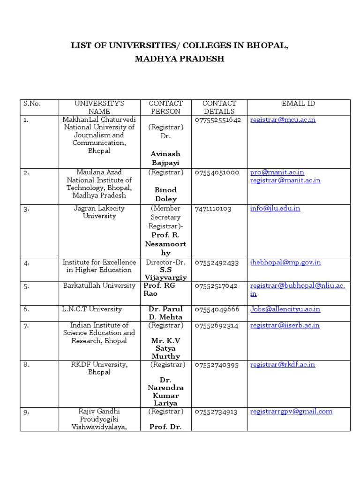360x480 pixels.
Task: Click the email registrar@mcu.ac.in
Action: point(283,120)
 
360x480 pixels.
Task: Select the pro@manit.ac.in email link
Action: point(277,172)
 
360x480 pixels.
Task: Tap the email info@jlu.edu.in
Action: point(275,208)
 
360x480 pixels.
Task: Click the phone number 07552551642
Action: point(217,120)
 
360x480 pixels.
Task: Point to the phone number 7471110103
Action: point(213,208)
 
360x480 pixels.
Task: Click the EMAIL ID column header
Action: point(298,103)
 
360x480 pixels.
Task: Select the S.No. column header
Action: point(32,103)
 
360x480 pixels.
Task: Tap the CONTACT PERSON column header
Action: point(165,107)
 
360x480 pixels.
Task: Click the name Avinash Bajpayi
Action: point(165,158)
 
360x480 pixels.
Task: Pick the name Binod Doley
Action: point(165,194)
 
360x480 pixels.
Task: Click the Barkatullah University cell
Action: point(99,285)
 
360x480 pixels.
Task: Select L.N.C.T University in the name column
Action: point(92,309)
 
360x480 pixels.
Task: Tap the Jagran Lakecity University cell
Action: point(99,212)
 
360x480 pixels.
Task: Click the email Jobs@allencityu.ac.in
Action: point(285,309)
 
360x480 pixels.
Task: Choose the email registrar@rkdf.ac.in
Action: point(283,364)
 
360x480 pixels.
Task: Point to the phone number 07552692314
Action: point(217,325)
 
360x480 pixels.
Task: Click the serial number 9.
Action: point(27,412)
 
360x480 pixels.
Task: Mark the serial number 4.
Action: point(27,262)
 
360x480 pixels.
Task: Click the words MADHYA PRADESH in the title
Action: point(180,59)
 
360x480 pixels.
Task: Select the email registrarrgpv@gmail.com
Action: point(291,411)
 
